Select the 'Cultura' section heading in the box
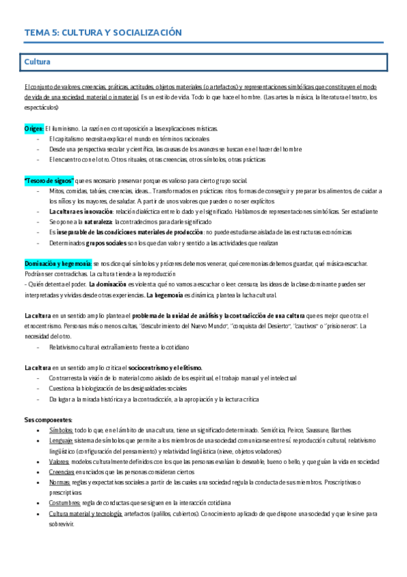coord(37,62)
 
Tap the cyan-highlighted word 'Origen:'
coord(34,128)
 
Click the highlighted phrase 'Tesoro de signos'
coord(49,180)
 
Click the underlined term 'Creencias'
coord(62,472)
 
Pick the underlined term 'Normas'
coord(60,482)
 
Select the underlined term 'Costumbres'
coord(65,503)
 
